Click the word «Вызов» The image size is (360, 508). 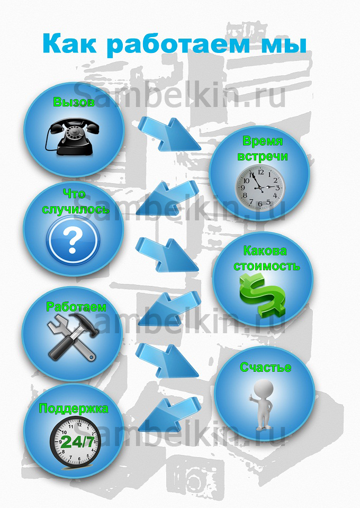click(74, 102)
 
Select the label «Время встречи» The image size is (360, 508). click(262, 149)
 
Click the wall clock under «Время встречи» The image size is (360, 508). click(260, 188)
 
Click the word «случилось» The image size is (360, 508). click(76, 209)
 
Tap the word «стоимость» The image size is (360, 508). click(267, 266)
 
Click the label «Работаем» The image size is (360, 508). click(76, 307)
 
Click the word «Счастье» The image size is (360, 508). click(265, 368)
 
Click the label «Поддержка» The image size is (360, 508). click(74, 408)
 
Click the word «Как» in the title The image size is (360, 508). click(69, 43)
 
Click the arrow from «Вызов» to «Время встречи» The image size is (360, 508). click(169, 134)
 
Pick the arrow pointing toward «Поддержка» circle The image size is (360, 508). click(169, 415)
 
